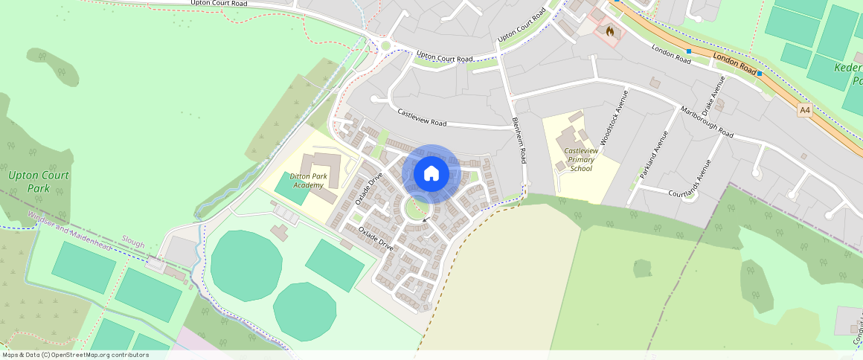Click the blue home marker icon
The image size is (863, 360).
click(x=431, y=174)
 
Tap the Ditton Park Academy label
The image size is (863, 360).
click(x=309, y=181)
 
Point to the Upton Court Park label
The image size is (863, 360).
click(x=39, y=181)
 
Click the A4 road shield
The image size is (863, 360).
click(x=805, y=110)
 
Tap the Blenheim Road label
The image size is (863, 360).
click(x=519, y=141)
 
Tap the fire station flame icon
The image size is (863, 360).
click(x=610, y=31)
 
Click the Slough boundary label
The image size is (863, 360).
click(x=133, y=243)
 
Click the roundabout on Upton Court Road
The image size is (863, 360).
click(x=385, y=47)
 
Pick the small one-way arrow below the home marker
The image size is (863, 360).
click(x=425, y=219)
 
